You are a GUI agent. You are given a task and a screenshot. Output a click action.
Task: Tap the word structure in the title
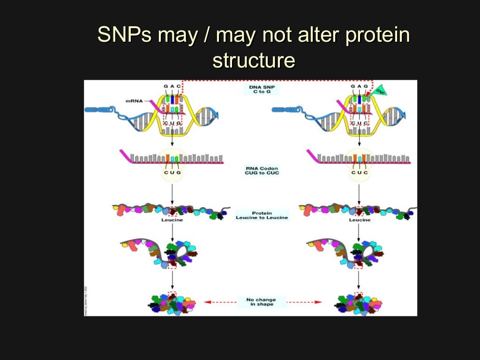(254, 60)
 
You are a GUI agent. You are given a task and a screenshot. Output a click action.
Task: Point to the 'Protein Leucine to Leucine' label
(262, 215)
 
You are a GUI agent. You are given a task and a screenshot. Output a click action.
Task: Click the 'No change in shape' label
(261, 302)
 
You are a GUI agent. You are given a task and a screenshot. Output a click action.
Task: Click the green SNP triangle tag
(380, 90)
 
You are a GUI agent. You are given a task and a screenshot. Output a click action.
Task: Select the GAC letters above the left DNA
(172, 86)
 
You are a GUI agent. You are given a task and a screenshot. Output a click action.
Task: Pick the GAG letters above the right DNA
(359, 86)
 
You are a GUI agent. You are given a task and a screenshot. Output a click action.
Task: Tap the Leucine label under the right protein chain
(360, 220)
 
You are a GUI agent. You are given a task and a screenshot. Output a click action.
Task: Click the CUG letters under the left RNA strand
(172, 172)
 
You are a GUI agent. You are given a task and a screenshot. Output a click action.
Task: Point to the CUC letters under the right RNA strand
(360, 172)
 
